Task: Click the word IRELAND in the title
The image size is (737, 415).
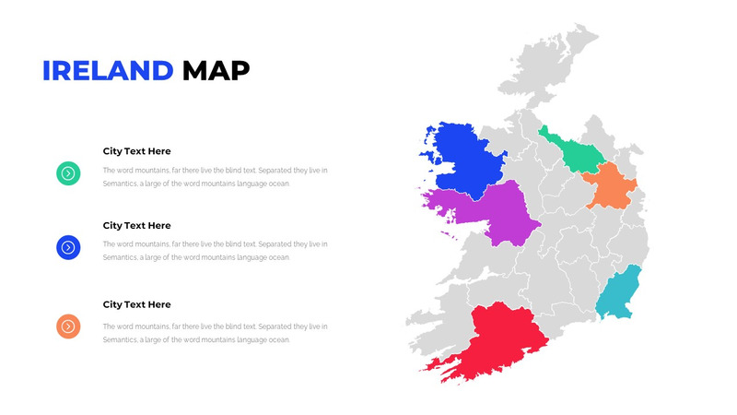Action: pos(108,71)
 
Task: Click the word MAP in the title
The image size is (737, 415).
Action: pos(216,71)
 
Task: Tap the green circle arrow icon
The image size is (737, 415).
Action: pos(68,172)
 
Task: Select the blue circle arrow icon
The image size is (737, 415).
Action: pos(68,247)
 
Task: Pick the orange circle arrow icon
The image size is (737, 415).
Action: pos(68,326)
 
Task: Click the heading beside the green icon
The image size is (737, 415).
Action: pos(136,151)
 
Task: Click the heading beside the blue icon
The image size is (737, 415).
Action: pos(136,225)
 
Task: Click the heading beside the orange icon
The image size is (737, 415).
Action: pos(136,304)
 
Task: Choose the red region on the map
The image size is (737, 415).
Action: pos(502,337)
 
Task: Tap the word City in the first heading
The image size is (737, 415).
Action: pos(111,151)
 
